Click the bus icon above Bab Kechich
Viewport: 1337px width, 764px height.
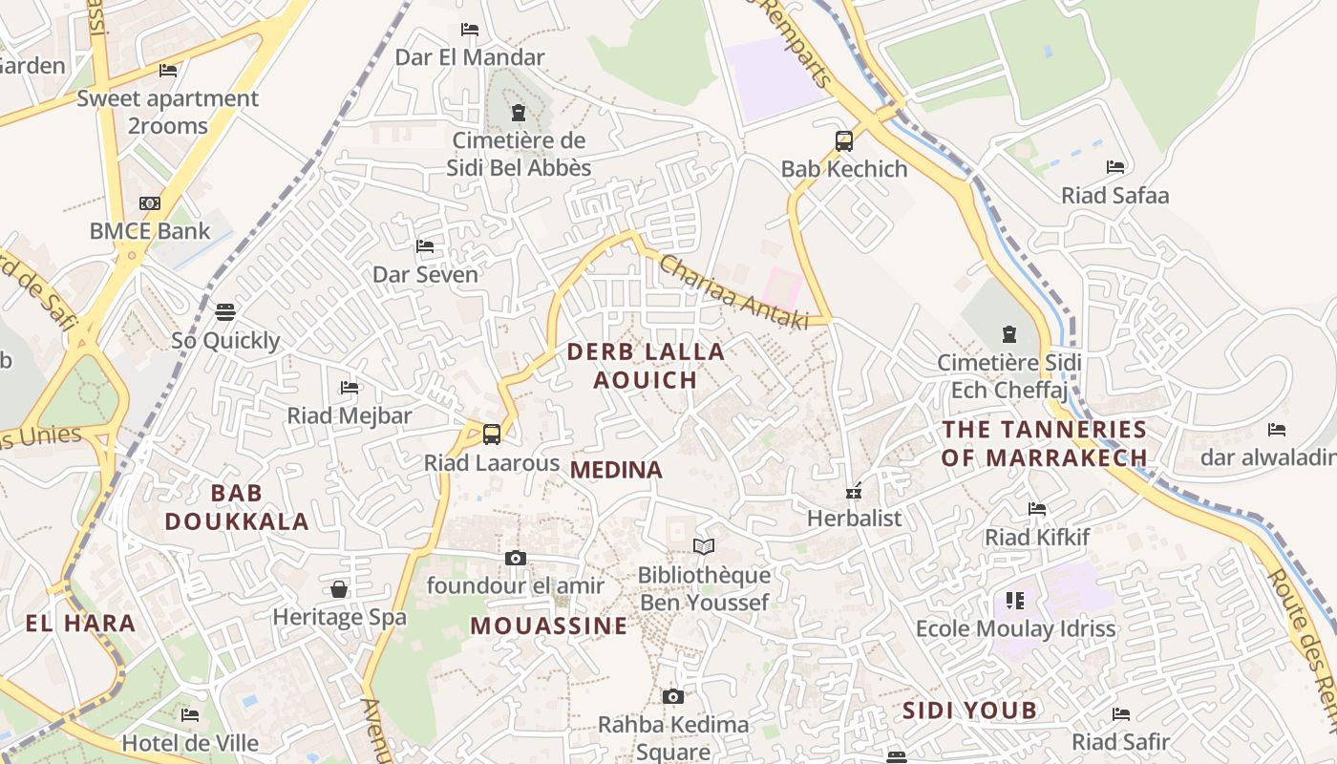(844, 141)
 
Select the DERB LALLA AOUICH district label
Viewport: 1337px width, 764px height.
(646, 366)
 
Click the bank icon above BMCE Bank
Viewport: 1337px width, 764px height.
(150, 203)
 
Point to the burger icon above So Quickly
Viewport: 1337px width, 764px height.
(225, 312)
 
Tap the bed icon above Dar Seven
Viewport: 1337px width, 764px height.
(425, 246)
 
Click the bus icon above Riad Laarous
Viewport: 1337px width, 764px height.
(492, 435)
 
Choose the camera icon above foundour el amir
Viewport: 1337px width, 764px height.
(515, 558)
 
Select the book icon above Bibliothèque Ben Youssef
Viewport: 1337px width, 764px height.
(704, 546)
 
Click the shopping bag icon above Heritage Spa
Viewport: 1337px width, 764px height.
(339, 589)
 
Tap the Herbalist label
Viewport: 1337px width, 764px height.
(854, 519)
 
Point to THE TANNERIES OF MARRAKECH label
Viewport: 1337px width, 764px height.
(1044, 443)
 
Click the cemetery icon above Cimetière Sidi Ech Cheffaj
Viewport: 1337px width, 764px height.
(1008, 334)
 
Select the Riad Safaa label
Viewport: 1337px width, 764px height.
(1114, 196)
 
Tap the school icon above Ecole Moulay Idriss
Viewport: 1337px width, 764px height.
(1015, 601)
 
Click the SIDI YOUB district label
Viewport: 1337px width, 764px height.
(969, 711)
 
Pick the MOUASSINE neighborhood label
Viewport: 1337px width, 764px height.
(549, 626)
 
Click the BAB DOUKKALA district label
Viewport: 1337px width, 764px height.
(237, 507)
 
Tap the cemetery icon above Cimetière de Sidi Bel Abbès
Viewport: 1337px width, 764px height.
(519, 113)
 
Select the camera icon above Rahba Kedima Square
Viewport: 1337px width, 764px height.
(673, 696)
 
